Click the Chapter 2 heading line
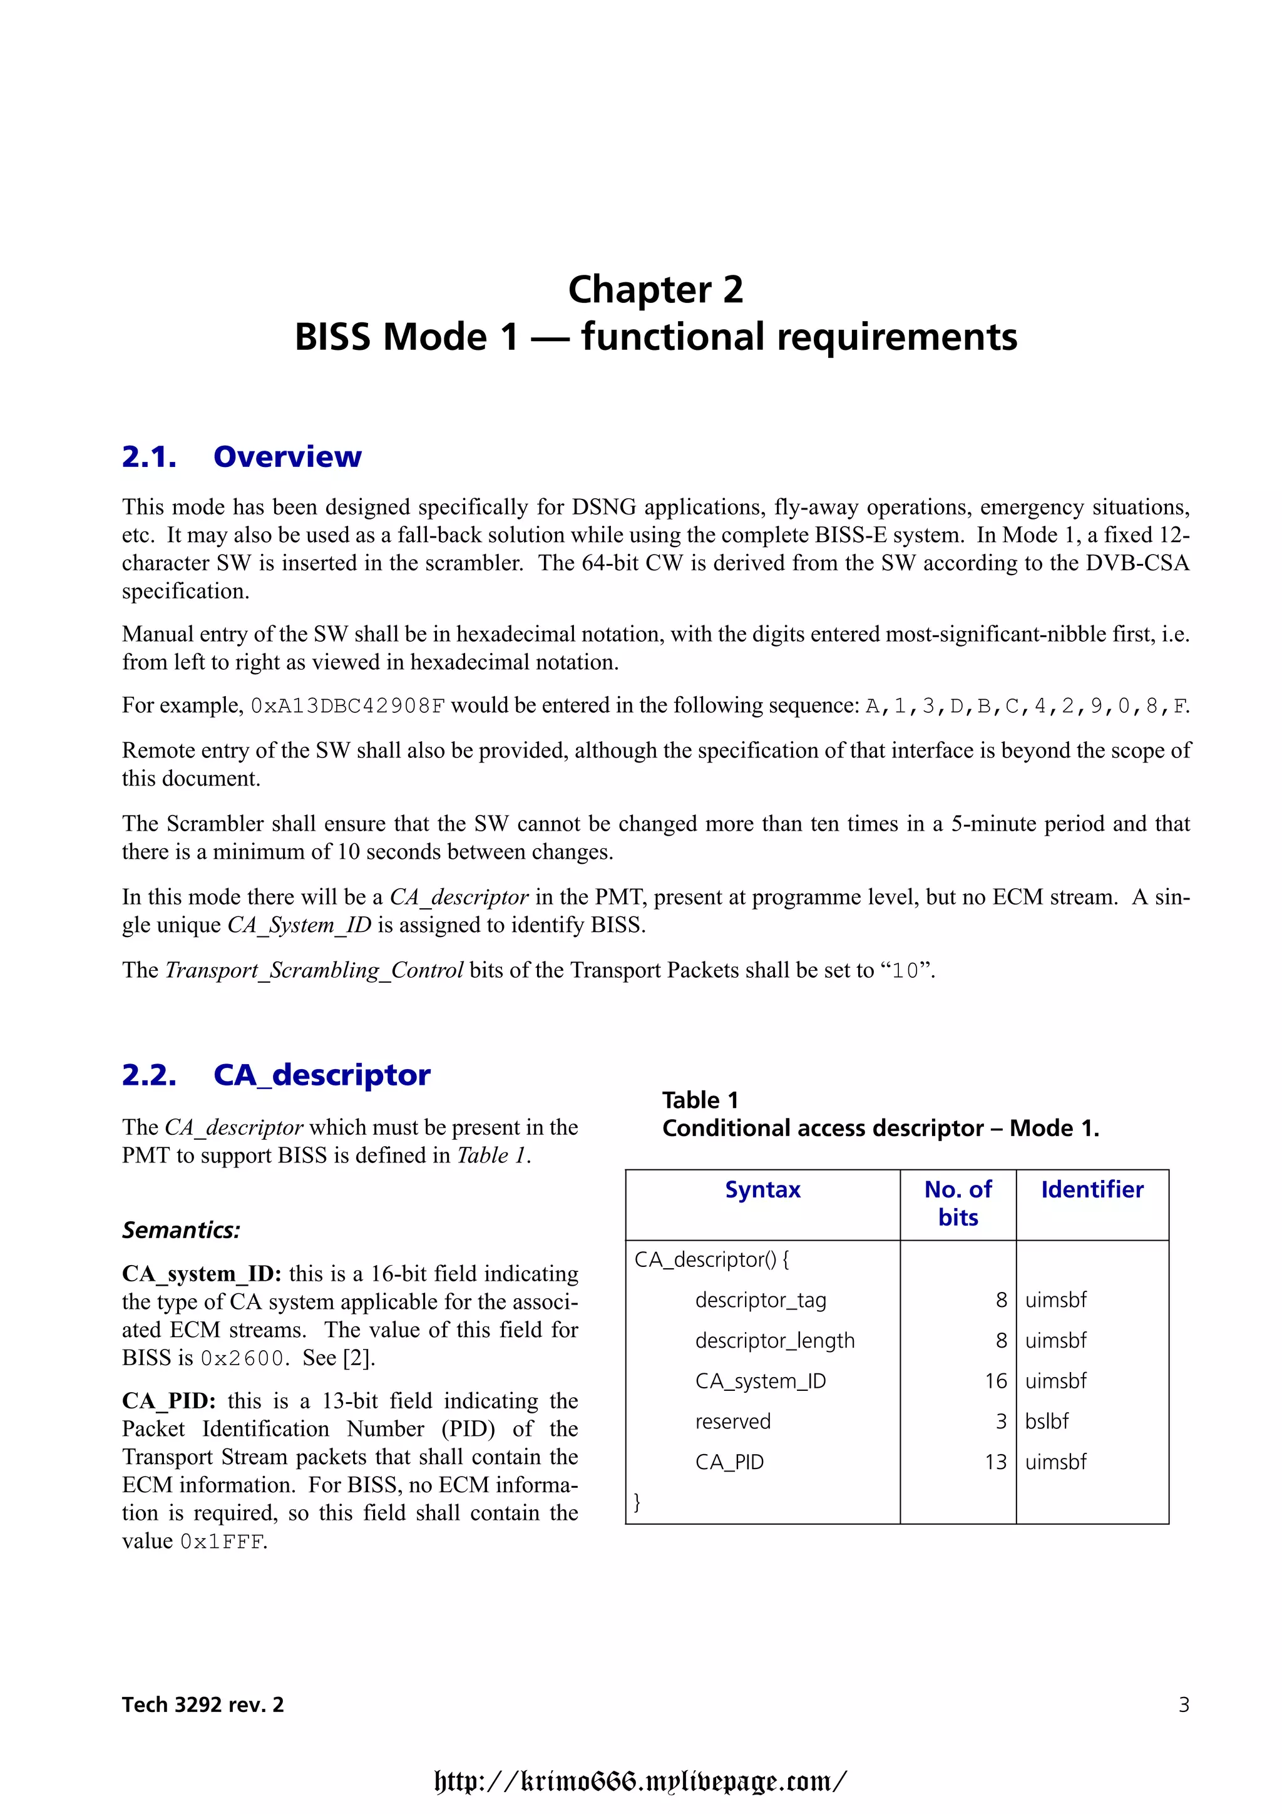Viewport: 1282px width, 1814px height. pos(655,290)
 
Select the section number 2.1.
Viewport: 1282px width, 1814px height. pos(148,457)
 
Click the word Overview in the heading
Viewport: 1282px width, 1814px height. pos(287,457)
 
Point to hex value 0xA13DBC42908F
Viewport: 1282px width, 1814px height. pos(347,705)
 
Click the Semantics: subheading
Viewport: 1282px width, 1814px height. pos(181,1230)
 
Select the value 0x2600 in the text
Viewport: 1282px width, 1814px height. pos(242,1358)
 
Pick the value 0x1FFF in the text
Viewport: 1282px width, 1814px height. pos(223,1542)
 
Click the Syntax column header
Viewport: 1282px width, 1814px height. pos(762,1190)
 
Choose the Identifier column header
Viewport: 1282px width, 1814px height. pos(1092,1190)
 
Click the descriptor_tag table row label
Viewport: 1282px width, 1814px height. pos(760,1299)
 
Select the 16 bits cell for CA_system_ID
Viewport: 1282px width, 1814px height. pos(995,1380)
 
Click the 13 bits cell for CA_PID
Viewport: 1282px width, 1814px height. pos(995,1462)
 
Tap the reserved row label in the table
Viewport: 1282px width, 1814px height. pos(732,1422)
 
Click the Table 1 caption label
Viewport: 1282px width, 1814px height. pos(700,1100)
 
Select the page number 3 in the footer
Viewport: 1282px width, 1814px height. pos(1183,1704)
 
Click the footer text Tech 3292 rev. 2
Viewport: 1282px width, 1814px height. pos(203,1704)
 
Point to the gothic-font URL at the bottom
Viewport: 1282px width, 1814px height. pos(640,1781)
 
